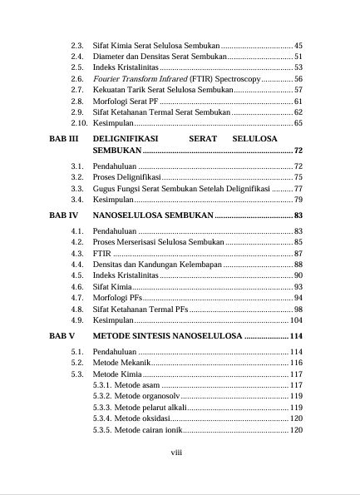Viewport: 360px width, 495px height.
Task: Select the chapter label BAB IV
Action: click(64, 215)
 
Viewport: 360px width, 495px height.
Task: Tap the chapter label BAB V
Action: click(62, 337)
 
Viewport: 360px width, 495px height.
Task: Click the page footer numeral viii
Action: click(176, 453)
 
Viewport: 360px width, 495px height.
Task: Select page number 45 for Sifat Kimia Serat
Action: click(298, 44)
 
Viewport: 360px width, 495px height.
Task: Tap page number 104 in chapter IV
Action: click(296, 320)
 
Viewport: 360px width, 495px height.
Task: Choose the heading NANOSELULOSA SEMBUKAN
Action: click(153, 215)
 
